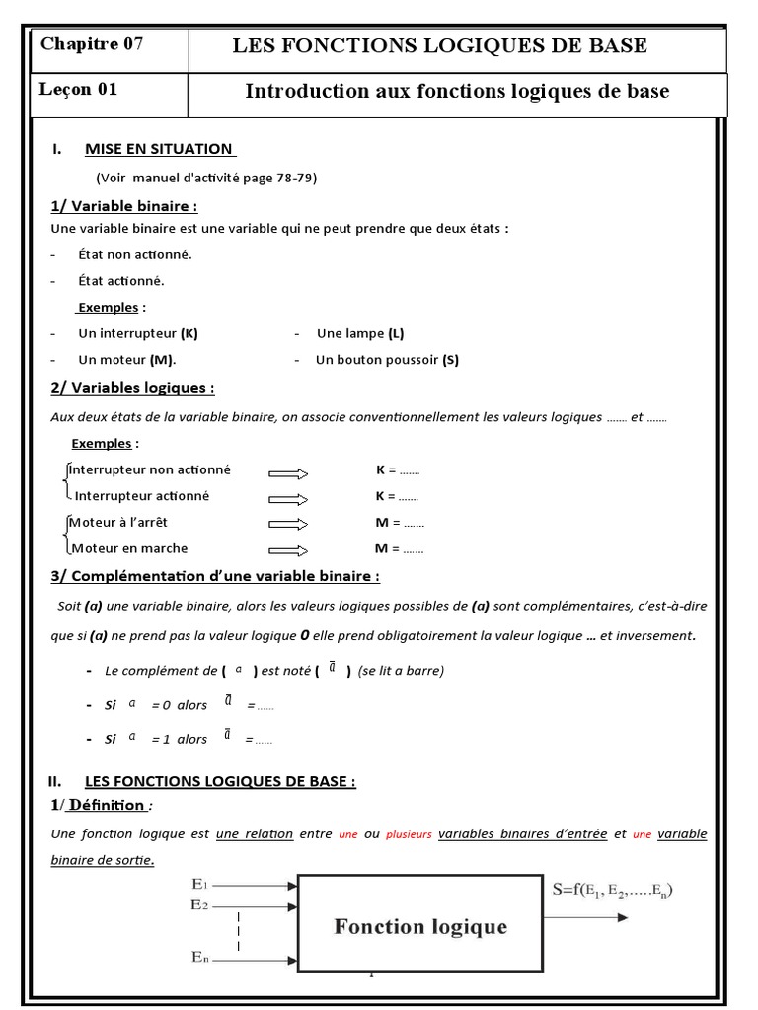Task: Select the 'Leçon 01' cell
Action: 79,90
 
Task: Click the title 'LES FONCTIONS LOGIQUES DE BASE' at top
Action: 439,45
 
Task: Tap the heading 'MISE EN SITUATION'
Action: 160,149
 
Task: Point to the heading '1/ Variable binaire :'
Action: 124,206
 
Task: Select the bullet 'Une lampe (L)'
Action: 360,333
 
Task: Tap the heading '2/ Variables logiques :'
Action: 132,388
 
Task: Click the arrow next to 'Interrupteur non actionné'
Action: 288,472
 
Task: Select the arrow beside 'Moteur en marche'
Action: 288,550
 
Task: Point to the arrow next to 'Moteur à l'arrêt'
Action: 288,524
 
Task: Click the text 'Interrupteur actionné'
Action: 142,496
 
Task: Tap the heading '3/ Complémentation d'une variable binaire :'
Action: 215,576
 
